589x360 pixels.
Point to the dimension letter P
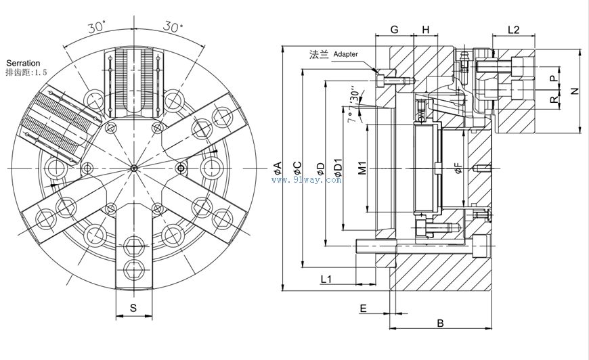(x=553, y=78)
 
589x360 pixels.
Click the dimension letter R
(x=553, y=99)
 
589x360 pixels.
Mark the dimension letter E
(x=363, y=309)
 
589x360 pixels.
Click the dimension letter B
(x=440, y=323)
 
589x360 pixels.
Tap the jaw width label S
(x=133, y=309)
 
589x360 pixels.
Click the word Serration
(x=23, y=62)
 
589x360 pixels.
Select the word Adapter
(x=346, y=53)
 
